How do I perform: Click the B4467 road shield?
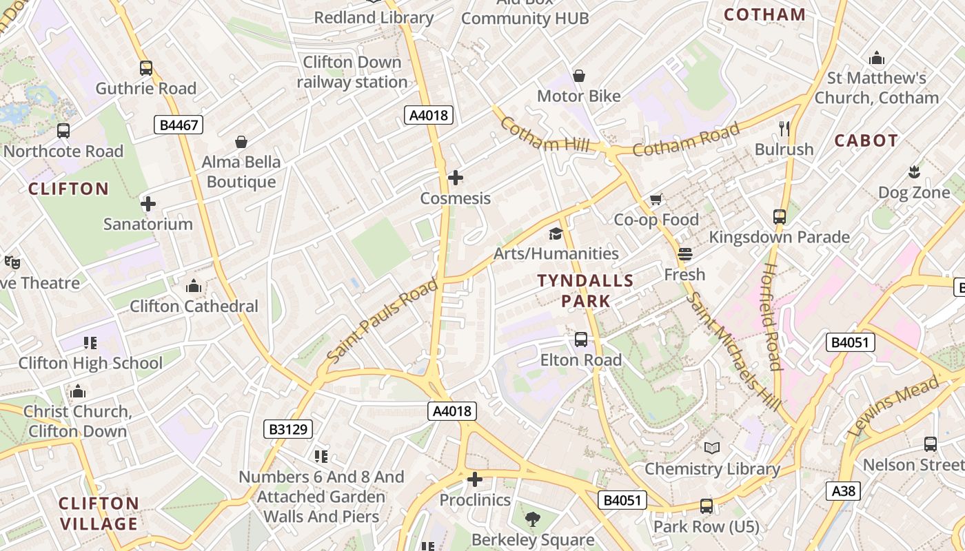coord(179,125)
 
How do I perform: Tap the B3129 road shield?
coord(288,430)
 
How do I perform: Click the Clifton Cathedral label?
coord(194,306)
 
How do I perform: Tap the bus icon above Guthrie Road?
coord(145,68)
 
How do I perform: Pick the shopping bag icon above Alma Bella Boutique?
coord(241,142)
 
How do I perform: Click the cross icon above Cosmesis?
coord(455,178)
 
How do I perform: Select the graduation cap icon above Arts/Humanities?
coord(556,233)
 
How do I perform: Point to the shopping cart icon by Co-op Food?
coord(656,199)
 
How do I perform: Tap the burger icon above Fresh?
coord(684,254)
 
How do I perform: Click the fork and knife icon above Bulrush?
coord(784,128)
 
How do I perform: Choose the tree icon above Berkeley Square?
coord(532,519)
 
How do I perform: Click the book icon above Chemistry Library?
coord(712,448)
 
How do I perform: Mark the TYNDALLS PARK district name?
coord(585,291)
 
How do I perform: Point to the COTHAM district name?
coord(764,14)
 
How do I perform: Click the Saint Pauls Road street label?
coord(382,320)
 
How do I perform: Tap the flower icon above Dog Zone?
coord(914,171)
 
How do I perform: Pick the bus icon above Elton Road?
coord(581,339)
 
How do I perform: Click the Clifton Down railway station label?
coord(352,72)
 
